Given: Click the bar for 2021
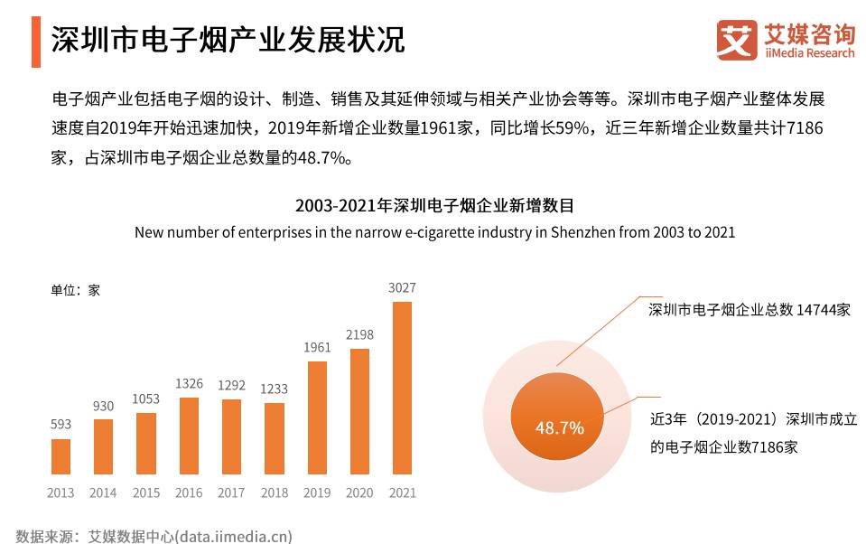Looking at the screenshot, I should pyautogui.click(x=402, y=388).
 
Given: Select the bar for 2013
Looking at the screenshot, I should pyautogui.click(x=61, y=456).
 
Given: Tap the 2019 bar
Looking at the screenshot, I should pyautogui.click(x=317, y=417).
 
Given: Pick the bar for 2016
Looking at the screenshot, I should pyautogui.click(x=189, y=436).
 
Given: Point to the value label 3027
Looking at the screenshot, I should pyautogui.click(x=402, y=288).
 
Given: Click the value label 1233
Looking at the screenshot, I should pyautogui.click(x=275, y=389).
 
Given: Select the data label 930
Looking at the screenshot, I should pyautogui.click(x=103, y=407).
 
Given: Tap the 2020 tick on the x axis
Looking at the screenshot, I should pyautogui.click(x=359, y=492).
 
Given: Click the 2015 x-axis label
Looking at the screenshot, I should pyautogui.click(x=146, y=492).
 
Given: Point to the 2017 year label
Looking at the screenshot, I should pyautogui.click(x=231, y=492).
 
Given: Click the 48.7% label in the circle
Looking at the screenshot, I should pyautogui.click(x=559, y=427).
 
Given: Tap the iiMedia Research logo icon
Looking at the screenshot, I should pyautogui.click(x=737, y=41).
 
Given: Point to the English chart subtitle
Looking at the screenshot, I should pyautogui.click(x=434, y=232).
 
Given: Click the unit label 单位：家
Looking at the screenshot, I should pyautogui.click(x=75, y=291).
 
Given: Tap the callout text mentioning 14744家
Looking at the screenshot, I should pyautogui.click(x=750, y=310).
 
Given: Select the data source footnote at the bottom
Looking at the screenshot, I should pyautogui.click(x=154, y=536).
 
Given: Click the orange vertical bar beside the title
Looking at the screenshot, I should pyautogui.click(x=36, y=41).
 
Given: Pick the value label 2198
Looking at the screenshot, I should pyautogui.click(x=359, y=334).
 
